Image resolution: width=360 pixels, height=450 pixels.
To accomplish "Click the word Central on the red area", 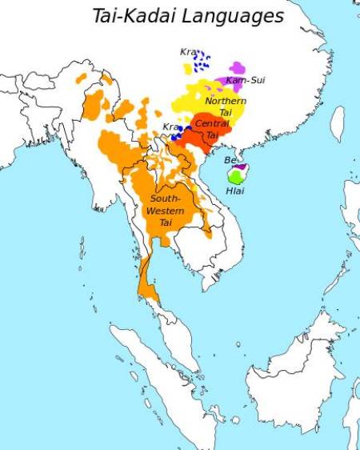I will [x=212, y=124].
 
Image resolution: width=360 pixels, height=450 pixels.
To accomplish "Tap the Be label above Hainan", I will [x=230, y=160].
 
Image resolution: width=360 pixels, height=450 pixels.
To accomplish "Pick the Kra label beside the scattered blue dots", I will [x=188, y=52].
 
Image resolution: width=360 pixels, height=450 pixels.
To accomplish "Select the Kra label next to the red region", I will [x=171, y=127].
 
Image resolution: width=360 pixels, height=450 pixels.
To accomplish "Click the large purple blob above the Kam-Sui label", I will [x=238, y=68].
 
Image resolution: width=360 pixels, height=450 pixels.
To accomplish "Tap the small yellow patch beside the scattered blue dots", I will [x=187, y=70].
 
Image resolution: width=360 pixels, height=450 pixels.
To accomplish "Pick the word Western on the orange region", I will [x=166, y=210].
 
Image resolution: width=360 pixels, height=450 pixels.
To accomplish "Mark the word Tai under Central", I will [x=212, y=135].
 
